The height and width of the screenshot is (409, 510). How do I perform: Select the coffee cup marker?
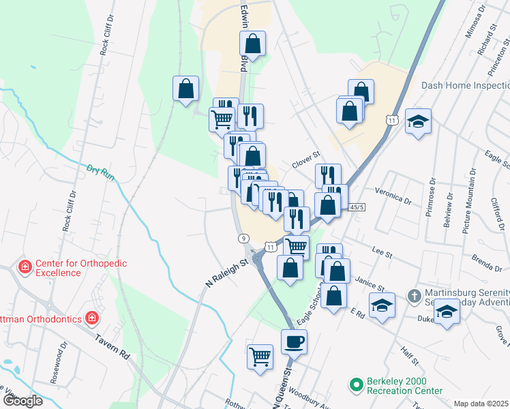click(x=294, y=341)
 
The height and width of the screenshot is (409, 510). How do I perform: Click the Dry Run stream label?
click(x=100, y=170)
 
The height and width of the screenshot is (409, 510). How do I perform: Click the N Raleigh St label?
click(x=226, y=272)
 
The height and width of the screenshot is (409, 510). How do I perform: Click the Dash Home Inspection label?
click(x=466, y=85)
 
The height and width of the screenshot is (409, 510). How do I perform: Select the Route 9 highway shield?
click(x=243, y=238)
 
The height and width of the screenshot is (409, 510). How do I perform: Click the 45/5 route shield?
click(x=357, y=207)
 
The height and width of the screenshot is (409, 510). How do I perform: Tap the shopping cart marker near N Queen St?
click(x=260, y=356)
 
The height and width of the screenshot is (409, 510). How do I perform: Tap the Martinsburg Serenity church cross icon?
click(x=415, y=296)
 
